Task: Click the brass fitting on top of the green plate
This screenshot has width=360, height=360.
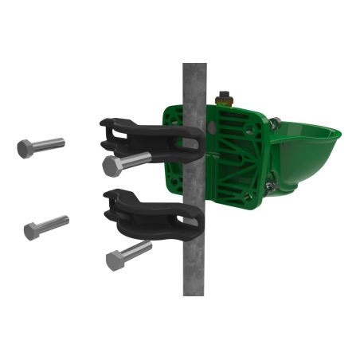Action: (226, 98)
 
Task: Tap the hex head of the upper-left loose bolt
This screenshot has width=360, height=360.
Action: (25, 149)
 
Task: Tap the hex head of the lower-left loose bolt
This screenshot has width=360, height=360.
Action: (31, 231)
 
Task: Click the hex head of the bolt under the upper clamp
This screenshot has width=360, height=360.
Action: (112, 166)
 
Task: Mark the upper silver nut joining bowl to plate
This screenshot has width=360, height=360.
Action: (274, 123)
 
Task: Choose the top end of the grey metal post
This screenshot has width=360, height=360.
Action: (194, 68)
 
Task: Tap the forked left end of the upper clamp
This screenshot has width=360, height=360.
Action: (110, 130)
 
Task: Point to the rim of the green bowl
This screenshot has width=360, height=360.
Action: (311, 127)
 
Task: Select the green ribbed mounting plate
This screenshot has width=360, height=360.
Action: (231, 151)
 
